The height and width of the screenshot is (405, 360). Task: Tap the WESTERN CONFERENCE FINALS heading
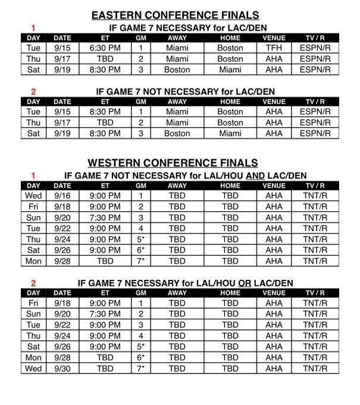tap(173, 163)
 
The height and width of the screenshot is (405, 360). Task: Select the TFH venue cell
tap(274, 48)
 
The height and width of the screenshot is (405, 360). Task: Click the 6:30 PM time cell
tap(105, 48)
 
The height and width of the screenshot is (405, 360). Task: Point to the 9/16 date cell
tap(62, 195)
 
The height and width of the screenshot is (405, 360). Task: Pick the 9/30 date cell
tap(62, 369)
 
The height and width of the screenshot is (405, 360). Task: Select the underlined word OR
tap(244, 282)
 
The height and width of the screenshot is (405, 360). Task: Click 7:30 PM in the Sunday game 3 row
tap(105, 217)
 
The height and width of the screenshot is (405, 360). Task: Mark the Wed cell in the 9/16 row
tap(33, 195)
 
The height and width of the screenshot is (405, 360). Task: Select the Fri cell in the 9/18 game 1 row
tap(33, 303)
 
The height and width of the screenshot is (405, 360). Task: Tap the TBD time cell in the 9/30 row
tap(105, 369)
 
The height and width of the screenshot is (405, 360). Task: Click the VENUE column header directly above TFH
tap(274, 37)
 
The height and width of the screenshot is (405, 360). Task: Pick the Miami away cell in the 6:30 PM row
tap(177, 48)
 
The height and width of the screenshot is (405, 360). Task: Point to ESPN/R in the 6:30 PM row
tap(315, 48)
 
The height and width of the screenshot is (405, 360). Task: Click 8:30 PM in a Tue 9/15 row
tap(105, 111)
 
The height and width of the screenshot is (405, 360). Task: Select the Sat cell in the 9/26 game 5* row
tap(33, 347)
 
